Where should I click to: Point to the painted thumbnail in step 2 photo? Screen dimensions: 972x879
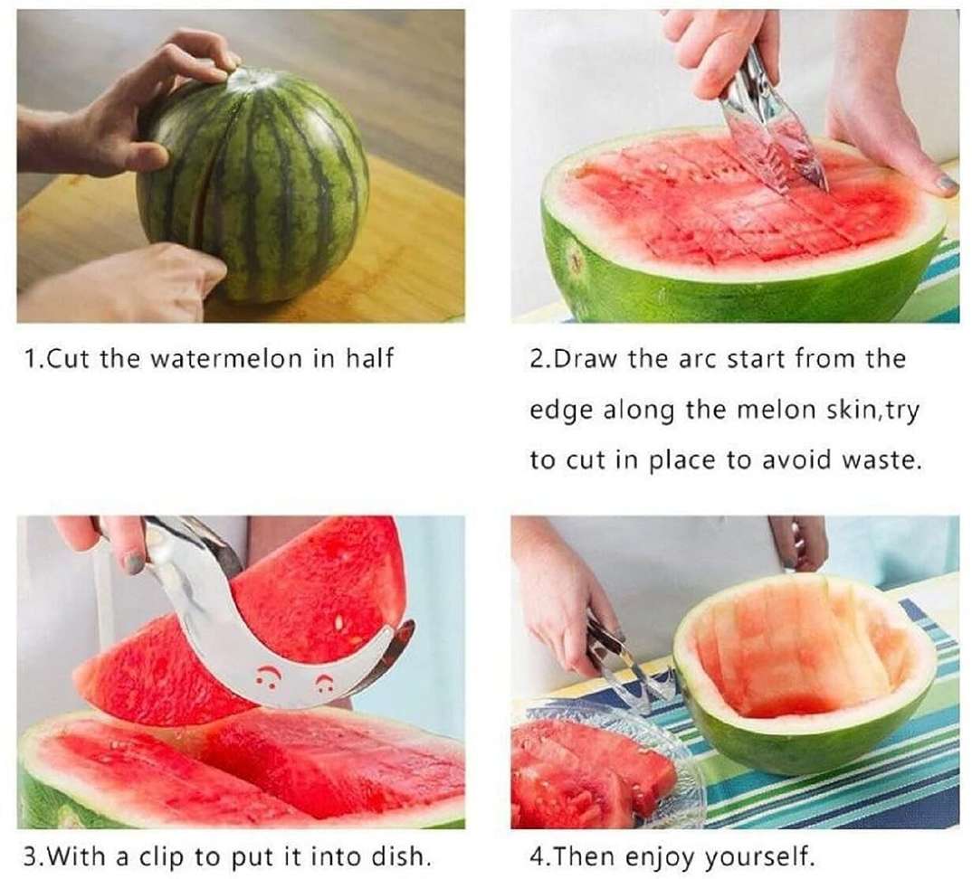(x=946, y=182)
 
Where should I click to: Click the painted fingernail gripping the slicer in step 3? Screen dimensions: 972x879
(x=134, y=562)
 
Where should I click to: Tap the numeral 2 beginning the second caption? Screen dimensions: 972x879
(x=536, y=359)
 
